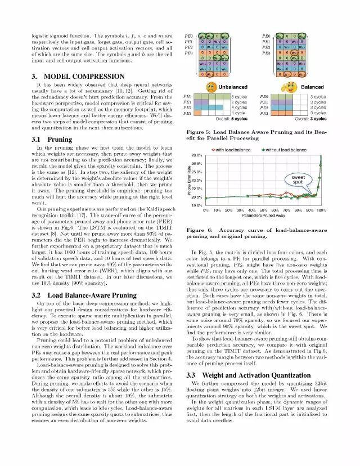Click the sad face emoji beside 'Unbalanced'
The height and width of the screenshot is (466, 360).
[x=211, y=87]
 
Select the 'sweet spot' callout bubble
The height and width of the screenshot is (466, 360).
[x=299, y=180]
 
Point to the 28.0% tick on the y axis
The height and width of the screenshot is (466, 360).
[x=196, y=155]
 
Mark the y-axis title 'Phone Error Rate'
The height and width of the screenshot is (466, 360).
[x=188, y=180]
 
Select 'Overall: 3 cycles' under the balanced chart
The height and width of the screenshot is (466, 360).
[x=310, y=119]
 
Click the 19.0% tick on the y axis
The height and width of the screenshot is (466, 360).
[x=196, y=205]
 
